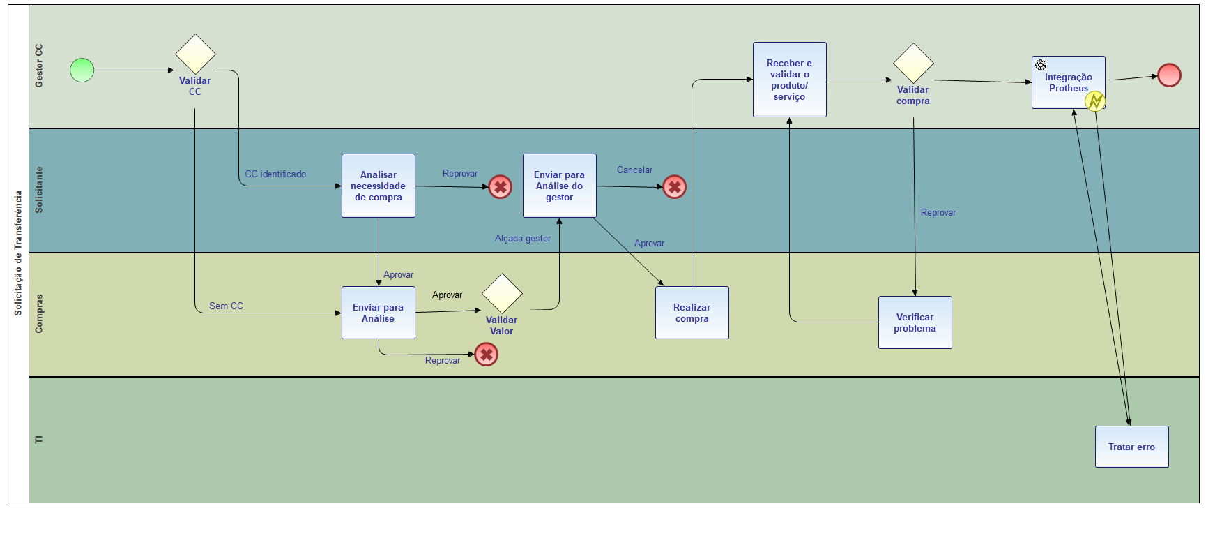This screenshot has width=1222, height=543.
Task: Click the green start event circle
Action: (x=82, y=70)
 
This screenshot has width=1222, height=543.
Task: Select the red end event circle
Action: (x=1169, y=75)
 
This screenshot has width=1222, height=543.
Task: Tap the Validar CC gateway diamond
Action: (x=195, y=54)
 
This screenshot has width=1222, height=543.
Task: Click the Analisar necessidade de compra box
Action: (x=379, y=186)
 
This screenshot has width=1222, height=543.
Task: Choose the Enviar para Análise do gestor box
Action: (x=560, y=186)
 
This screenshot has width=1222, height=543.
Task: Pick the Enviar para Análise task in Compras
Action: (x=379, y=313)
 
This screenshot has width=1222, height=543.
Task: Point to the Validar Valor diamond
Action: (x=502, y=294)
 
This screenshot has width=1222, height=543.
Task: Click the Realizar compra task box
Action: (x=692, y=313)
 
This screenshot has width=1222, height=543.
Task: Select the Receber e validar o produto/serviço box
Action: (x=790, y=80)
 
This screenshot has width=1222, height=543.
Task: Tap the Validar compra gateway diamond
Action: (x=913, y=64)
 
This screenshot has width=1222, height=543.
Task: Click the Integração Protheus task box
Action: (x=1068, y=82)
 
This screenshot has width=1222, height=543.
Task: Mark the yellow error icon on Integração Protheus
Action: (x=1095, y=101)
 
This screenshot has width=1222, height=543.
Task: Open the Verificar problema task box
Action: (x=915, y=322)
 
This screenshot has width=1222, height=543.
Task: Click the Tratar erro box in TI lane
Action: (x=1132, y=447)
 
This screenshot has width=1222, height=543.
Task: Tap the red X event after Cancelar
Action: (x=674, y=187)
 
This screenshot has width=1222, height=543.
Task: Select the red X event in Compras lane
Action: (x=486, y=355)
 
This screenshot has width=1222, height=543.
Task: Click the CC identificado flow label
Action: (x=275, y=174)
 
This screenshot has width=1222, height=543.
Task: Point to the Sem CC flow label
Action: (x=226, y=306)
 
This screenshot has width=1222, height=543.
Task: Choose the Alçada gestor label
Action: (x=523, y=238)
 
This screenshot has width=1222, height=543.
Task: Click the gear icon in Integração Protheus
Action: (x=1041, y=65)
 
